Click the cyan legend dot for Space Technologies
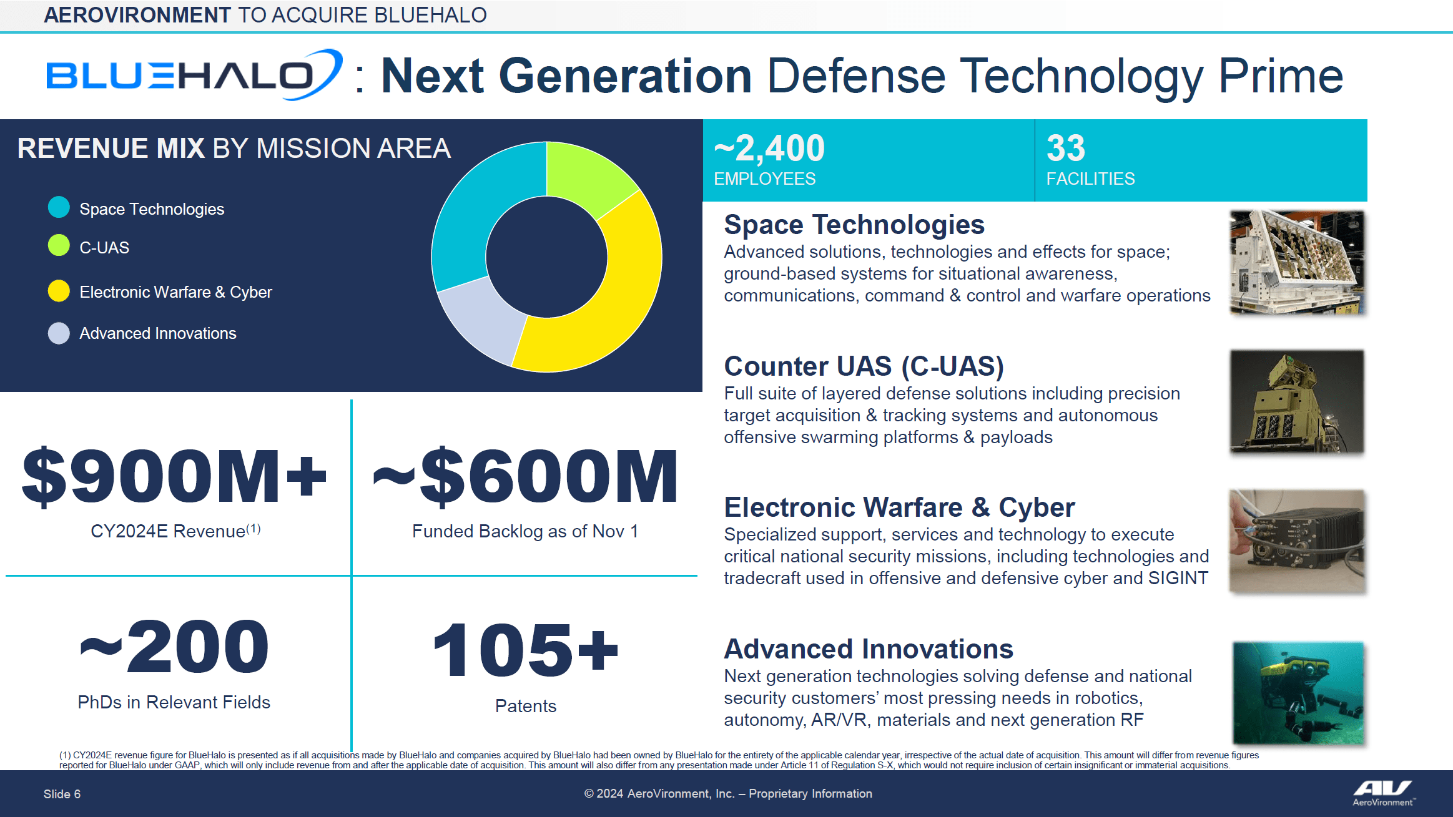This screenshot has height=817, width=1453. [59, 207]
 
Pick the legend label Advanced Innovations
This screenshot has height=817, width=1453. [157, 333]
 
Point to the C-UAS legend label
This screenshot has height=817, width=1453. [104, 248]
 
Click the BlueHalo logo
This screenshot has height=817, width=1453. [194, 76]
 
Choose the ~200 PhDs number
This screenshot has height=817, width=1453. [174, 647]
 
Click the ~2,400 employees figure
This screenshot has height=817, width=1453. [769, 149]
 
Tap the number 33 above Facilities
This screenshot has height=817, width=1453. [1066, 149]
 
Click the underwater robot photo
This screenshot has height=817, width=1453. [1298, 693]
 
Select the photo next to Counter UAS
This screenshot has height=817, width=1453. [1297, 401]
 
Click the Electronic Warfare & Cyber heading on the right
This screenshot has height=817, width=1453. [899, 507]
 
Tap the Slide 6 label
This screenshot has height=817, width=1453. [62, 794]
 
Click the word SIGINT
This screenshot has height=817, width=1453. [1178, 578]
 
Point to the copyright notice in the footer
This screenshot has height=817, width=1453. [727, 793]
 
